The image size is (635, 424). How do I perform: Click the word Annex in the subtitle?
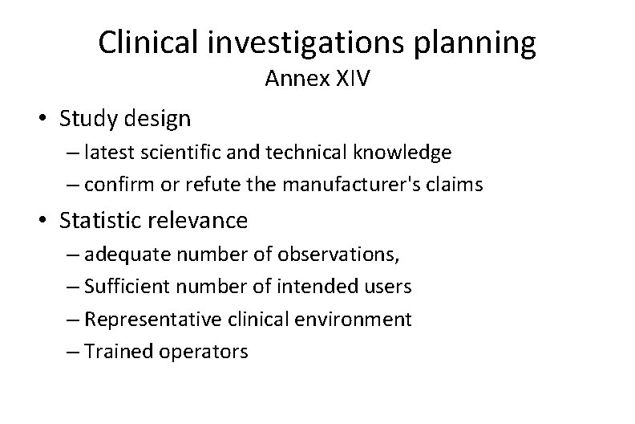[293, 80]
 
